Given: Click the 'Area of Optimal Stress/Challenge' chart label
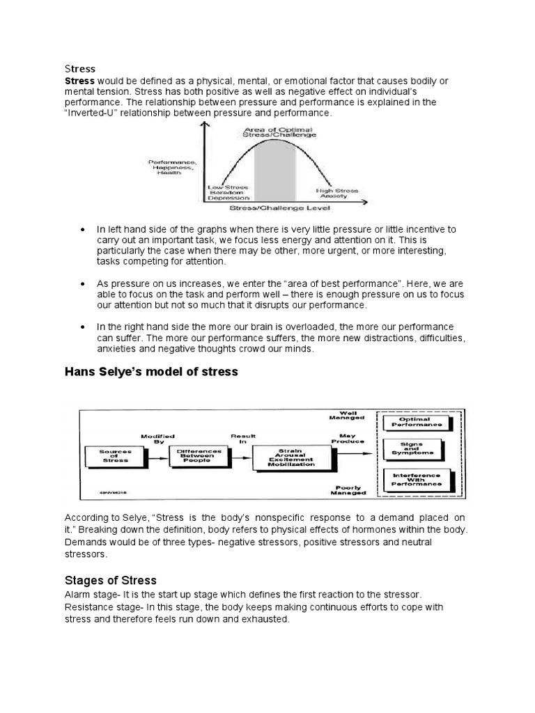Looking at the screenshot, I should (278, 132).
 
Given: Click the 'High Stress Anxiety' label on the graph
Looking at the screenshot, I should (337, 193).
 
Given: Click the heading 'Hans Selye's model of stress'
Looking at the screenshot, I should (151, 372).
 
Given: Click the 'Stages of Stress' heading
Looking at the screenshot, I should (111, 580).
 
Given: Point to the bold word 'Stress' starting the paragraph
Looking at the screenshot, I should (80, 81).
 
